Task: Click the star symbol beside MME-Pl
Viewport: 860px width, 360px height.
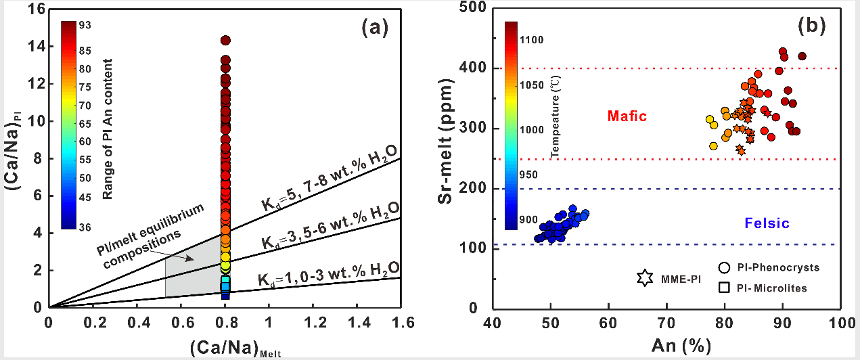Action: pos(645,277)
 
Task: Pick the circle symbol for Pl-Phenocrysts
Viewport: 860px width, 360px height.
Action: pos(724,267)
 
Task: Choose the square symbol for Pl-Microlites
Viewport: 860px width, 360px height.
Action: pos(724,288)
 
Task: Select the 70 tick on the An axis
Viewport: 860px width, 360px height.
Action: pos(666,321)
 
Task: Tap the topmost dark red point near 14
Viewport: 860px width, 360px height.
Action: pos(225,41)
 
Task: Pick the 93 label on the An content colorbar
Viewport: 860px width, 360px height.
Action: pos(86,26)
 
